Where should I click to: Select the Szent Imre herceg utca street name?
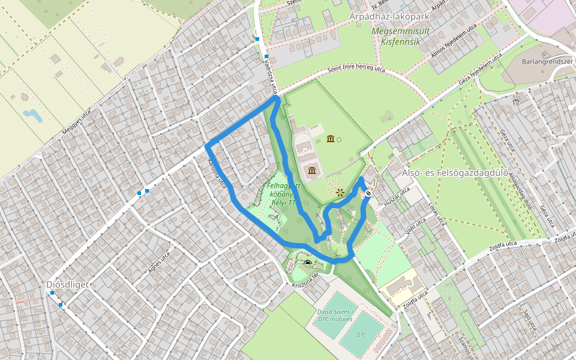pos(356,71)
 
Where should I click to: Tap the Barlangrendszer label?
pos(544,61)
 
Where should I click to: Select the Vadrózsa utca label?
pos(270,76)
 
